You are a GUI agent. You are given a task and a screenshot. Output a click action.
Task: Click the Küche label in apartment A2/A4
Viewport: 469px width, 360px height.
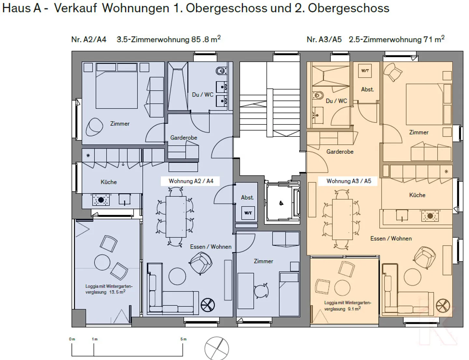(x=108, y=182)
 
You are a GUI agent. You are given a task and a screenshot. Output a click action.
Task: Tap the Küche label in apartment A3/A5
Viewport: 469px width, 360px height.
(x=417, y=195)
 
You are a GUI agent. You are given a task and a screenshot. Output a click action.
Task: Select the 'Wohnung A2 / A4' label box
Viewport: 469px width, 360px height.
(x=191, y=181)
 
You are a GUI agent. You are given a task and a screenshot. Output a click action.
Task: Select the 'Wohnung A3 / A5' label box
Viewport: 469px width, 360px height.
(x=348, y=181)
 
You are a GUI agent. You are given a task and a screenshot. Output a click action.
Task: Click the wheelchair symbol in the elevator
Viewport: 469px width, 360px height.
(x=281, y=203)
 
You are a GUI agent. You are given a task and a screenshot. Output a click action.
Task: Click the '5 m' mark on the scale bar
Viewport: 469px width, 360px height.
(x=183, y=339)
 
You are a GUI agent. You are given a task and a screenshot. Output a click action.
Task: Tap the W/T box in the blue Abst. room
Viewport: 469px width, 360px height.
(x=248, y=213)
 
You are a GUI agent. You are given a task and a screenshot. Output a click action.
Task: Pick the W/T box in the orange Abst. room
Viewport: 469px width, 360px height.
(x=365, y=71)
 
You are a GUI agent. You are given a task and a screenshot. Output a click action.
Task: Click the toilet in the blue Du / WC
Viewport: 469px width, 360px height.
(x=221, y=70)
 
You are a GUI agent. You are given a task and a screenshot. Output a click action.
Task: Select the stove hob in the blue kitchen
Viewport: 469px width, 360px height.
(x=101, y=200)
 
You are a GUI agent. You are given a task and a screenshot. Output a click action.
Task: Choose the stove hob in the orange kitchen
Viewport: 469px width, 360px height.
(x=430, y=216)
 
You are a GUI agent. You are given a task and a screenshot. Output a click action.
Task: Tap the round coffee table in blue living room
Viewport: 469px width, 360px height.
(x=177, y=276)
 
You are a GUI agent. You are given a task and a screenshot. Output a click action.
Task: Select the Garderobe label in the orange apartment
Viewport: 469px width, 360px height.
(x=340, y=152)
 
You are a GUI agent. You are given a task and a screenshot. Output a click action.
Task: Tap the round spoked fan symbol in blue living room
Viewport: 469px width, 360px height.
(x=208, y=305)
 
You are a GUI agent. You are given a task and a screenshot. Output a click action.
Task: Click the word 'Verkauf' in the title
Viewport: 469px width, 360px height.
(x=75, y=8)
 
